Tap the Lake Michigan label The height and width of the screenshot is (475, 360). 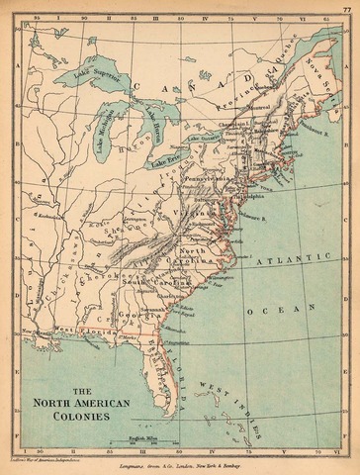point(108,129)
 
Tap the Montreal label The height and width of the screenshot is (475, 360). point(259,108)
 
